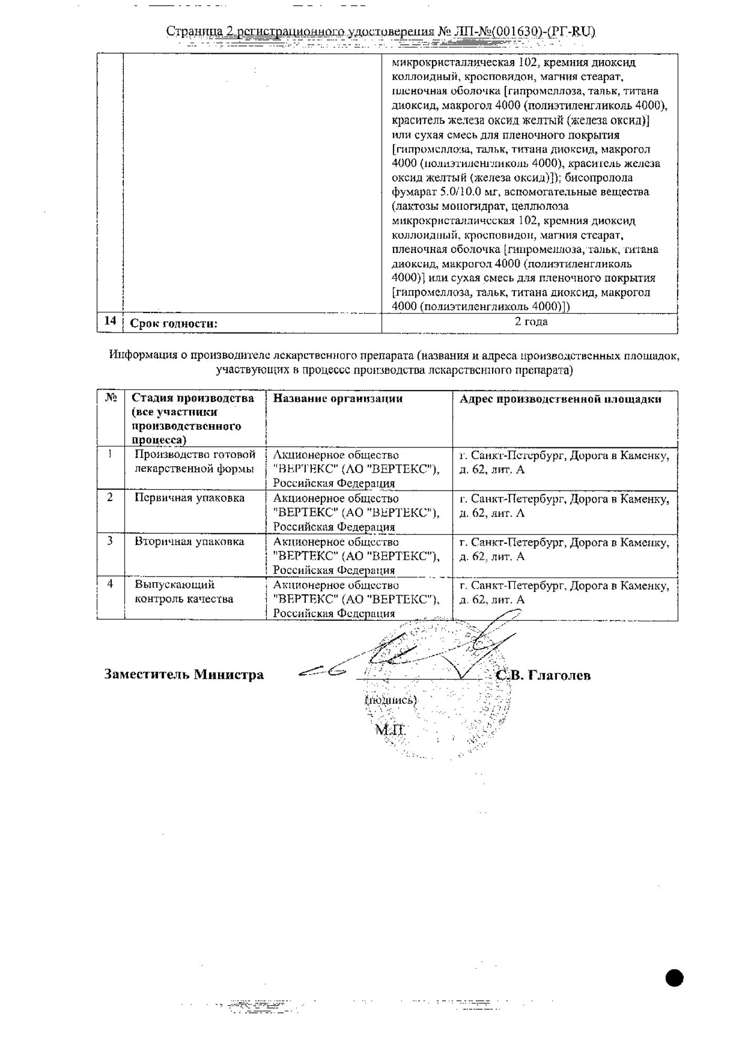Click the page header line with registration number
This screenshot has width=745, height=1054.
381,32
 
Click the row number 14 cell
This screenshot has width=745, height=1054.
110,321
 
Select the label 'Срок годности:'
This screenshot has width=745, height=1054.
173,324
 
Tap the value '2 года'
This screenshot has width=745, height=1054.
531,321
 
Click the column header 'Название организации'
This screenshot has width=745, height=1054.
338,398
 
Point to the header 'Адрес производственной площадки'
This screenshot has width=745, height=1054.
560,399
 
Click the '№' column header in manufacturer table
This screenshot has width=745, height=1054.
111,398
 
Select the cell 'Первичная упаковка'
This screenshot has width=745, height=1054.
190,498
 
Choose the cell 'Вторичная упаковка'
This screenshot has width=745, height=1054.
190,542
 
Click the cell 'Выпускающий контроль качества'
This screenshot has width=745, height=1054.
184,592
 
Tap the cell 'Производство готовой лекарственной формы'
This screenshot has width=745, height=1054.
194,462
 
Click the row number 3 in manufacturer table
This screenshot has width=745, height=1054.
110,541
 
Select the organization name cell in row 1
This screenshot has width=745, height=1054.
356,469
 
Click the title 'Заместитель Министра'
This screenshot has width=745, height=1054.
184,675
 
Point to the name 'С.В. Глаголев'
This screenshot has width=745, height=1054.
544,676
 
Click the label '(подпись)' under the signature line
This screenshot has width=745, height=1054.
390,700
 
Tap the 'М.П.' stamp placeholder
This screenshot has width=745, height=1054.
390,730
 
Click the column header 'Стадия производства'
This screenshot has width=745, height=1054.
193,419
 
